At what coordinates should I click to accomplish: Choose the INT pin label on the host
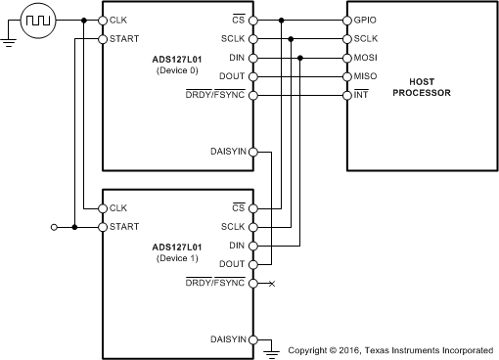(361, 95)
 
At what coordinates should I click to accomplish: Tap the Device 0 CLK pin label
(118, 21)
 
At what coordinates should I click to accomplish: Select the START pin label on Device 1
(124, 227)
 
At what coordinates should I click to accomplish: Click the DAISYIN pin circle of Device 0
(252, 152)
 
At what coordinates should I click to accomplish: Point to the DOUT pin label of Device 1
(231, 264)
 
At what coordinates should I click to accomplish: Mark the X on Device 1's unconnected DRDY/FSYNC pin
(271, 283)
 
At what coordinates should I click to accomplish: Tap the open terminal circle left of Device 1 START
(55, 227)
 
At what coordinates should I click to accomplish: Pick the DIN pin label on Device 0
(235, 58)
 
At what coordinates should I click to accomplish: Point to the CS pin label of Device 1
(237, 208)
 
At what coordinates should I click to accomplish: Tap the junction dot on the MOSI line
(300, 58)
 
